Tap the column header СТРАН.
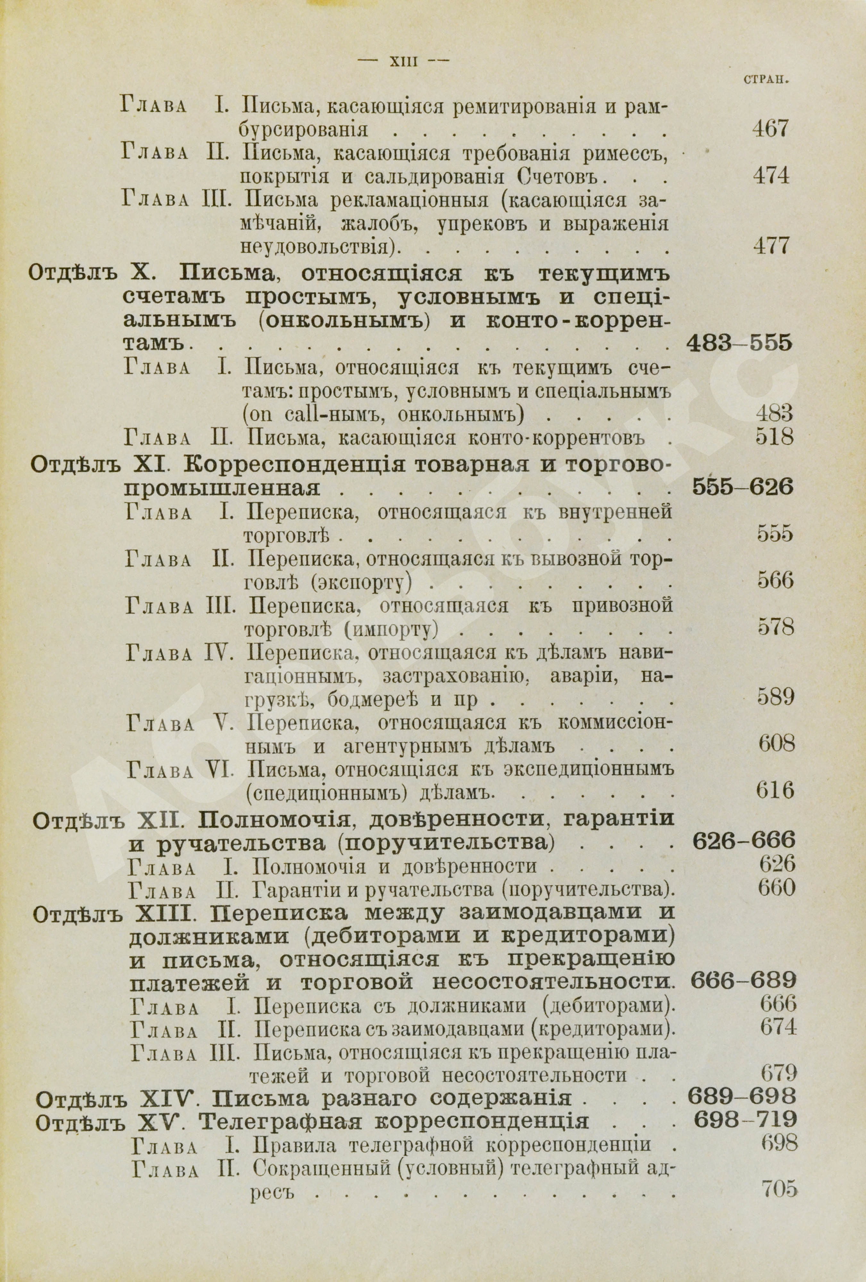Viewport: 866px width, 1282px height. (764, 80)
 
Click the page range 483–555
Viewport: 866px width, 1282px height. (739, 344)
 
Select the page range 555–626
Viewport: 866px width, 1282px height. (742, 487)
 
